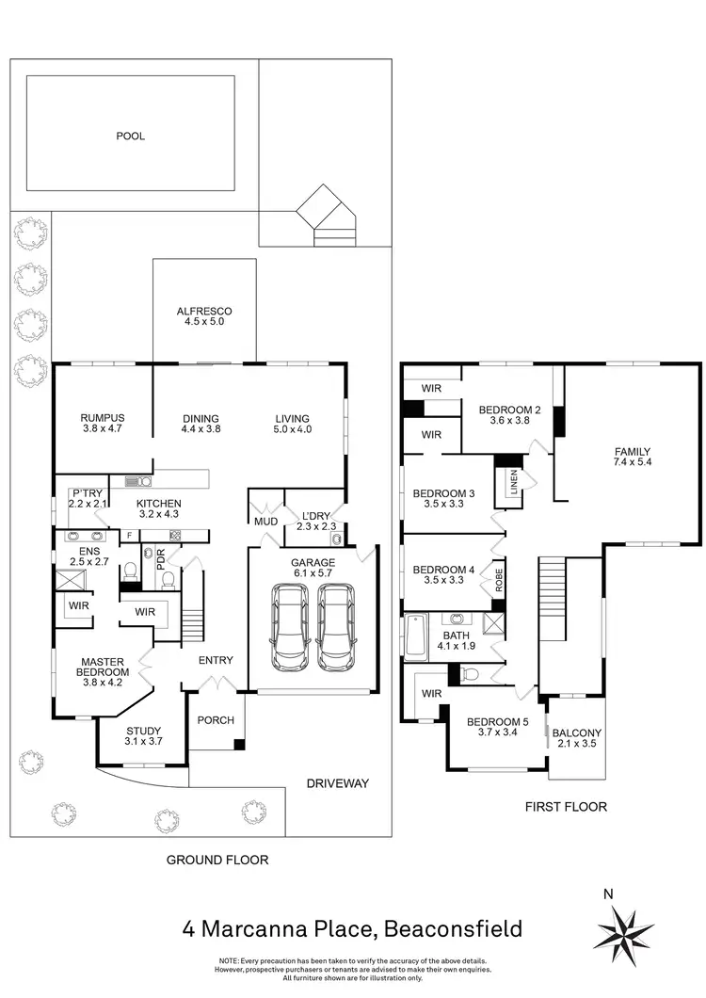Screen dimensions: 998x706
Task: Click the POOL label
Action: [130, 136]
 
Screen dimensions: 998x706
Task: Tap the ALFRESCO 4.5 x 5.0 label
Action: [203, 317]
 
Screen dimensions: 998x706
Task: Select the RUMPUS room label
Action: [103, 424]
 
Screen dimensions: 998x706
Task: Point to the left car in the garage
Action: [290, 627]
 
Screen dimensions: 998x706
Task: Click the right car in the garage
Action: [336, 627]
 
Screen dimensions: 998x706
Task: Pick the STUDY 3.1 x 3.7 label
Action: [144, 736]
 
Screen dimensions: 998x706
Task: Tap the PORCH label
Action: [216, 721]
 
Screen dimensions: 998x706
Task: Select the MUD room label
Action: [264, 522]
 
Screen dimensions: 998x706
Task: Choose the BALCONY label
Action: [577, 738]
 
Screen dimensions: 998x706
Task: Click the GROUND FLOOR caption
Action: [217, 860]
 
